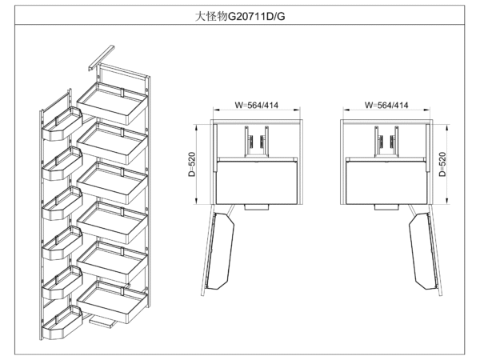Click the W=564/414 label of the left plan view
256,105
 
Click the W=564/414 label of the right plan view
386,105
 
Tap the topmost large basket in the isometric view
115,97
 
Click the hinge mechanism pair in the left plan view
256,143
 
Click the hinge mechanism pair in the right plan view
386,143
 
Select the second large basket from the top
114,139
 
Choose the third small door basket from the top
60,205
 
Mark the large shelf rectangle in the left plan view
257,181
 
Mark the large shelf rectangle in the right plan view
387,181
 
